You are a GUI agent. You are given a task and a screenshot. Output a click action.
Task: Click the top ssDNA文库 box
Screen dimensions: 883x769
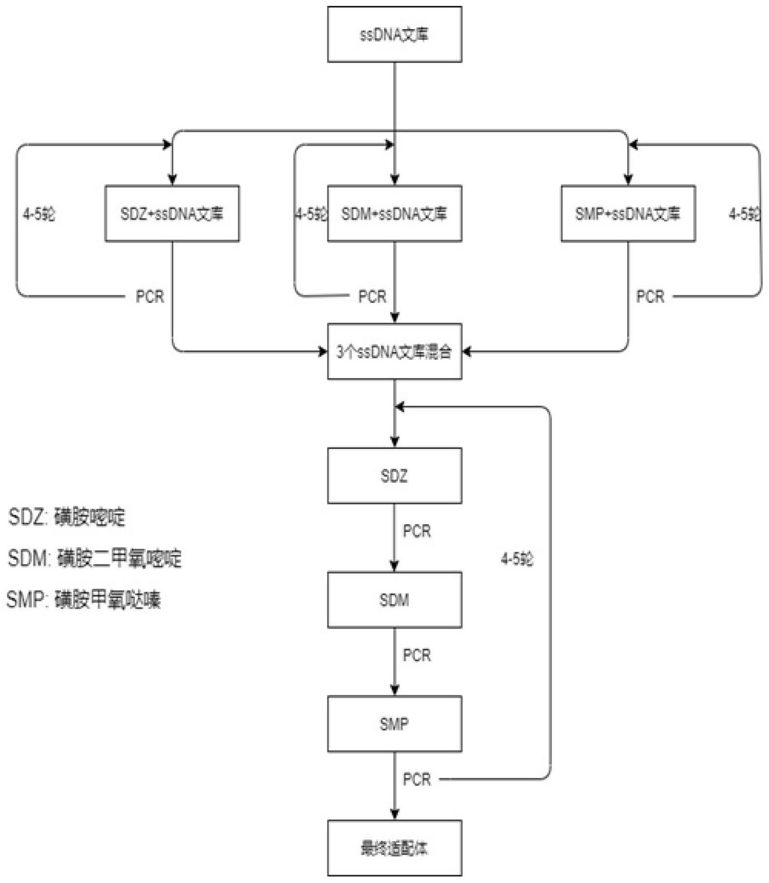coord(394,34)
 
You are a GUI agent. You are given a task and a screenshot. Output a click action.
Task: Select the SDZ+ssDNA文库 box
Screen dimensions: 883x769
coord(172,214)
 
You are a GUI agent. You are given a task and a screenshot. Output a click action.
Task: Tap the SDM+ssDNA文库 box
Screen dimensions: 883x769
coord(394,214)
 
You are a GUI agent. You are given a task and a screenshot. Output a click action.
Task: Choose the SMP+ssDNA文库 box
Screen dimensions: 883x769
coord(628,214)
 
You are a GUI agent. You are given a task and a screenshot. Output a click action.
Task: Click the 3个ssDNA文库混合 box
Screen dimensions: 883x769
coord(394,351)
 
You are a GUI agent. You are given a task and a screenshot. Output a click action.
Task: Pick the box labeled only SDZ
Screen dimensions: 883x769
coord(394,476)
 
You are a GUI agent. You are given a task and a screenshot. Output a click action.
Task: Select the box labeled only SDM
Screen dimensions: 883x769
coord(394,600)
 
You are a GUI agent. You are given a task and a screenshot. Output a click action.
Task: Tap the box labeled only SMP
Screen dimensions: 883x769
coord(394,724)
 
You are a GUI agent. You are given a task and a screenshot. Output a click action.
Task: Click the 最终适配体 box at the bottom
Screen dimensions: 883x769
coord(394,848)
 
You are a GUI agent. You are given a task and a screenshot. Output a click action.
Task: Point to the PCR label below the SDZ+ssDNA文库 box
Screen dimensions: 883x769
coord(150,297)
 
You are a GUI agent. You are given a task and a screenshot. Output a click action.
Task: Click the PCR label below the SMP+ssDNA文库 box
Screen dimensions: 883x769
coord(650,297)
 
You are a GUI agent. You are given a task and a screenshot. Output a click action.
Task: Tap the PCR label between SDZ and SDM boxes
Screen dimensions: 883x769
coord(417,531)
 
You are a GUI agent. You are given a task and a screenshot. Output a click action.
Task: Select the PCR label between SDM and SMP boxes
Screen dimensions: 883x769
coord(417,655)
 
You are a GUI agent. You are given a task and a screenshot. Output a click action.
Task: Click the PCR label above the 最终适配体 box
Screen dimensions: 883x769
coord(417,779)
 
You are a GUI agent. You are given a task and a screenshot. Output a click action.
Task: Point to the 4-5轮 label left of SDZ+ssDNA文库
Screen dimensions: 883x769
coord(39,214)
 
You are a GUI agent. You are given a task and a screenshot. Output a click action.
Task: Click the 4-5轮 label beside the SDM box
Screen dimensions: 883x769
coord(516,559)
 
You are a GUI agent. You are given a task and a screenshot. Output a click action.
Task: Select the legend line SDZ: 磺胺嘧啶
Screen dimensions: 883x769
coord(67,517)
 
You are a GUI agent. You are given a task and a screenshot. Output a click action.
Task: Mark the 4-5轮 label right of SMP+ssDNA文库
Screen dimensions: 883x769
coord(744,214)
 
